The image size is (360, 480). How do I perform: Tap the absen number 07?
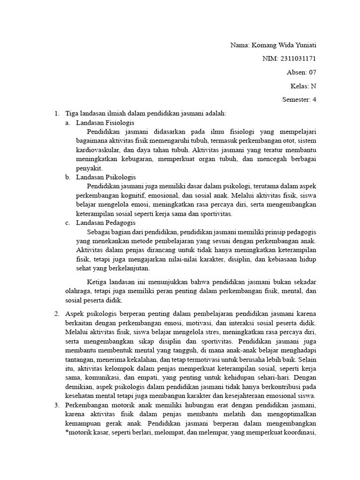312,73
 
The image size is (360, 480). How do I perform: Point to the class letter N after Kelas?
314,86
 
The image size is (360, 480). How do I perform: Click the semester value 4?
314,100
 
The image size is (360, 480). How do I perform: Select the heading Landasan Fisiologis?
105,122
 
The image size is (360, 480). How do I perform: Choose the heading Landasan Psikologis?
105,177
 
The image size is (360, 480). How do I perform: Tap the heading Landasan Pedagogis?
106,223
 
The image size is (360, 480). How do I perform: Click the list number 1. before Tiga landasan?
57,113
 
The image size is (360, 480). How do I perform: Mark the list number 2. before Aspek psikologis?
57,314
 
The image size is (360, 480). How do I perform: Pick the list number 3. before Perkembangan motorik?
57,405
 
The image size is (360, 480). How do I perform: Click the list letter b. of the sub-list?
68,177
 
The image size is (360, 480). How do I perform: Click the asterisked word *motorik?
78,432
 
